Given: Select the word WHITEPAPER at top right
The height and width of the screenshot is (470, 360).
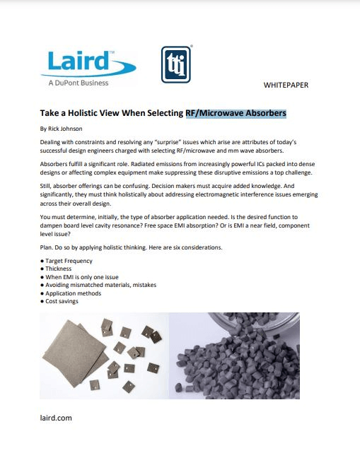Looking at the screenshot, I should (x=286, y=85).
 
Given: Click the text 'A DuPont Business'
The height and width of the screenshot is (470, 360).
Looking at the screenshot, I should (x=79, y=83).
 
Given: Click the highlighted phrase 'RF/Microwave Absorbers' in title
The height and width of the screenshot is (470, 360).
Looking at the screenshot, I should (x=236, y=113).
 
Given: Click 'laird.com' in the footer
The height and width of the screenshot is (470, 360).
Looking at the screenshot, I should (x=56, y=418).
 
